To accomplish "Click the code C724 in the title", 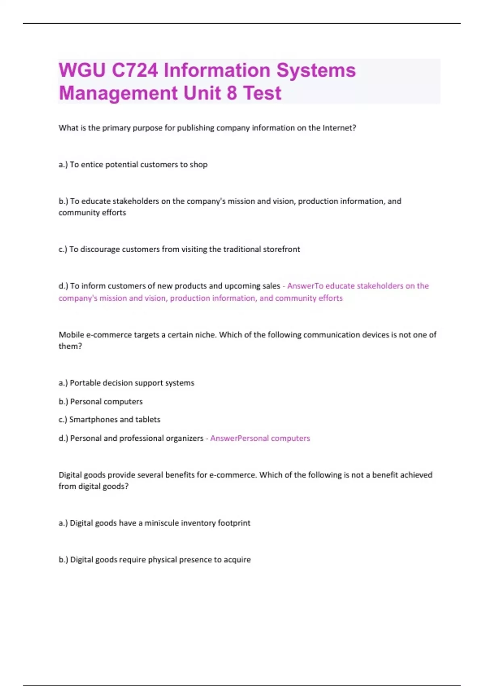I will coord(135,70).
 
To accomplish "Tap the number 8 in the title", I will coord(232,93).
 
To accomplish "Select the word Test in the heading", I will coord(262,93).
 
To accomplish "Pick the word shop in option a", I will coord(198,165).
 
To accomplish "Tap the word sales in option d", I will coord(271,286).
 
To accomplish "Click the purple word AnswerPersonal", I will coord(239,438).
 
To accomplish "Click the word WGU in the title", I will coord(82,70).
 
